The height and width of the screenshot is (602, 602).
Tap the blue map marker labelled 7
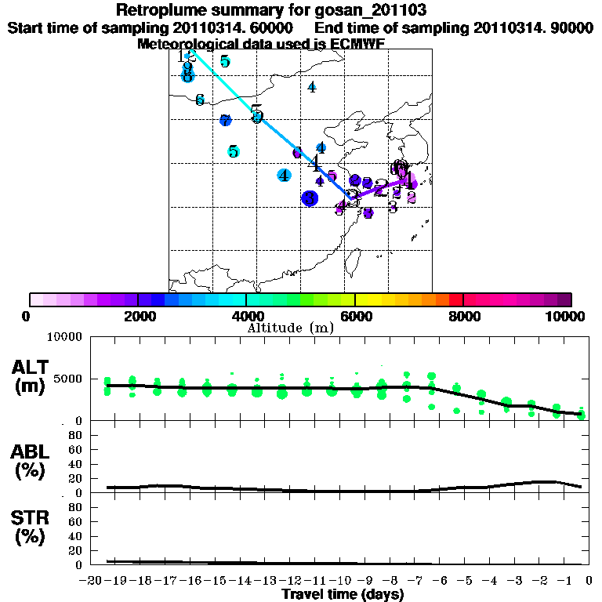[226, 121]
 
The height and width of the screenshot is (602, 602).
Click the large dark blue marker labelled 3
[310, 198]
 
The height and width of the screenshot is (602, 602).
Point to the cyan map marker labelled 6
[200, 100]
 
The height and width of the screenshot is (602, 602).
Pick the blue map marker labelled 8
[187, 75]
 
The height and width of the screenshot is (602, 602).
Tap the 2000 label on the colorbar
[137, 317]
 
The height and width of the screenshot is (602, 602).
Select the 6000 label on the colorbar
[355, 317]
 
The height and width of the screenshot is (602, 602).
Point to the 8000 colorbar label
[463, 317]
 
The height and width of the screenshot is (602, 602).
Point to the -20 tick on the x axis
[92, 581]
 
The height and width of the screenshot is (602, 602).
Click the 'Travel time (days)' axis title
[343, 594]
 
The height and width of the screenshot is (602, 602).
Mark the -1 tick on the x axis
[562, 581]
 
